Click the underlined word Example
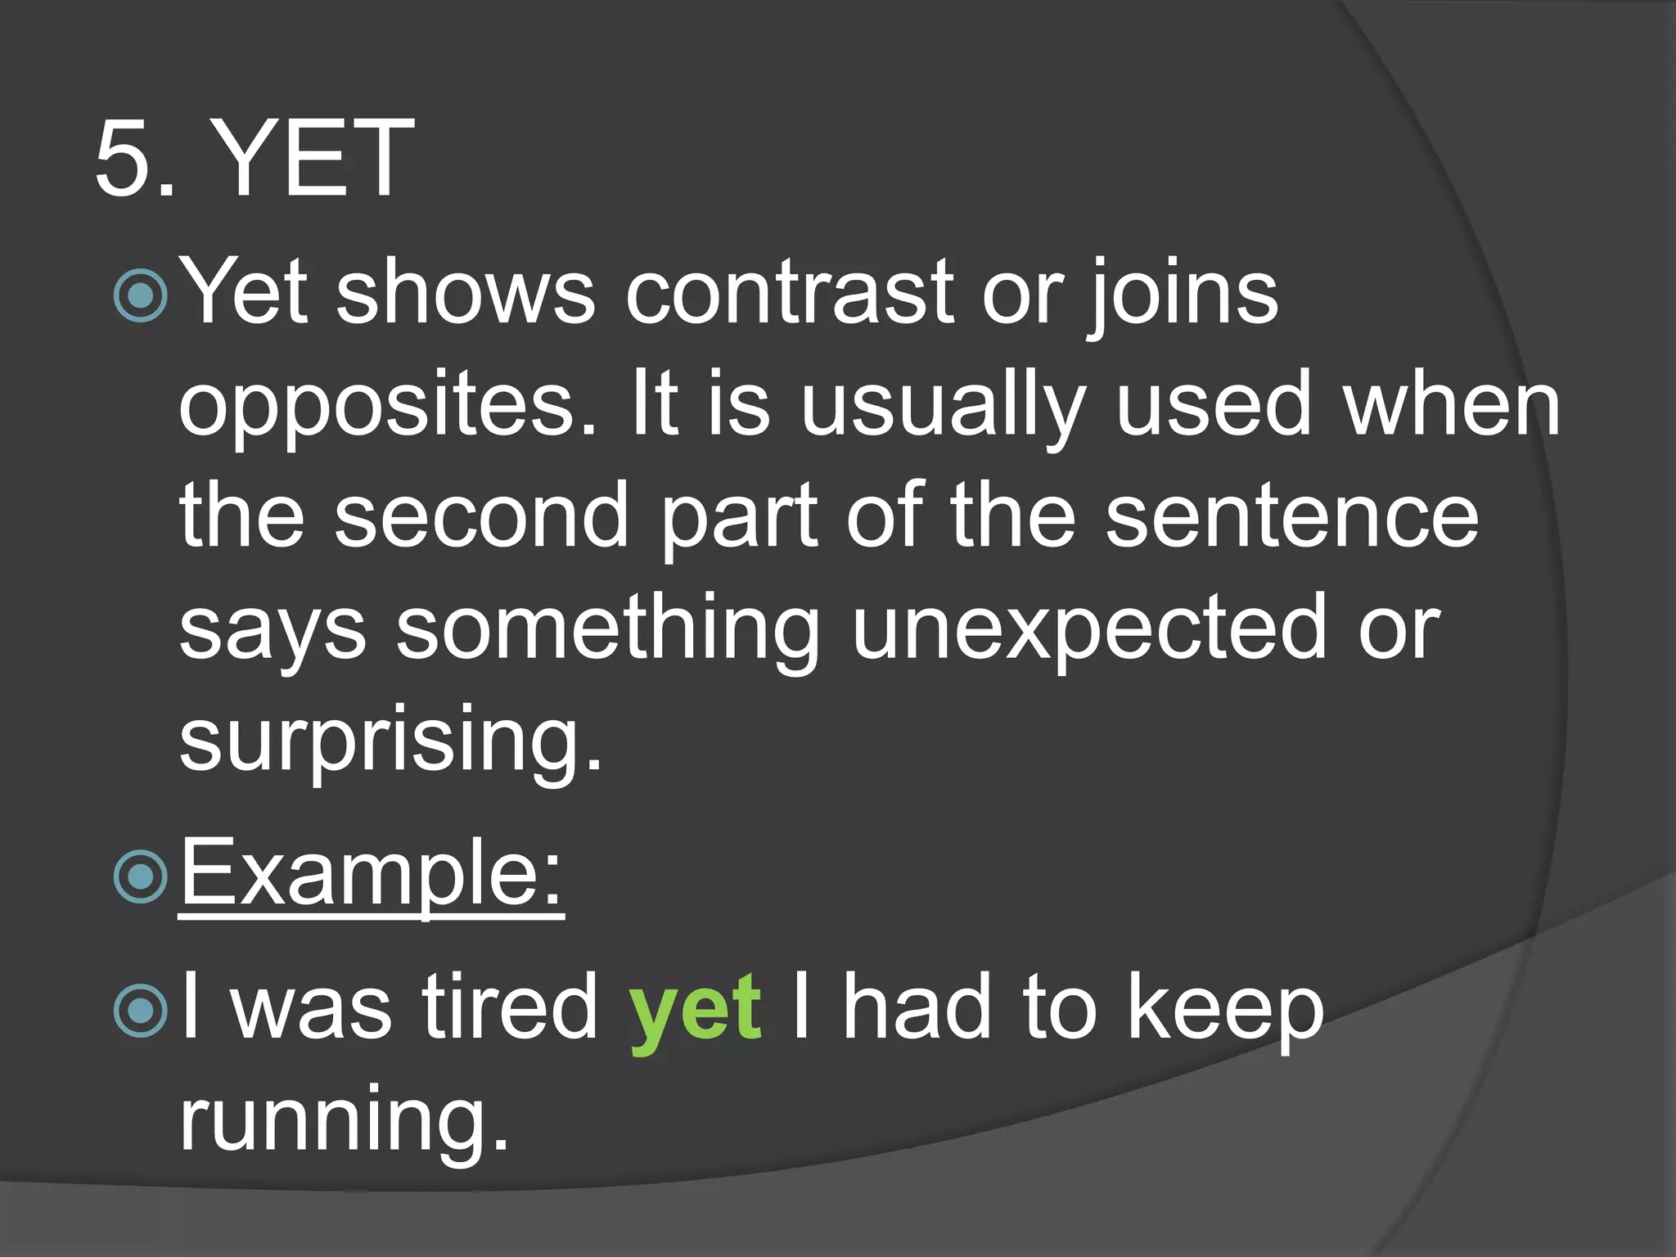coord(372,872)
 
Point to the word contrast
coord(790,293)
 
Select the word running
coord(344,1120)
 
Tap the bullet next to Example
coord(141,876)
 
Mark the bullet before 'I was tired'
coord(141,1011)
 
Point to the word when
coord(1453,404)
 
